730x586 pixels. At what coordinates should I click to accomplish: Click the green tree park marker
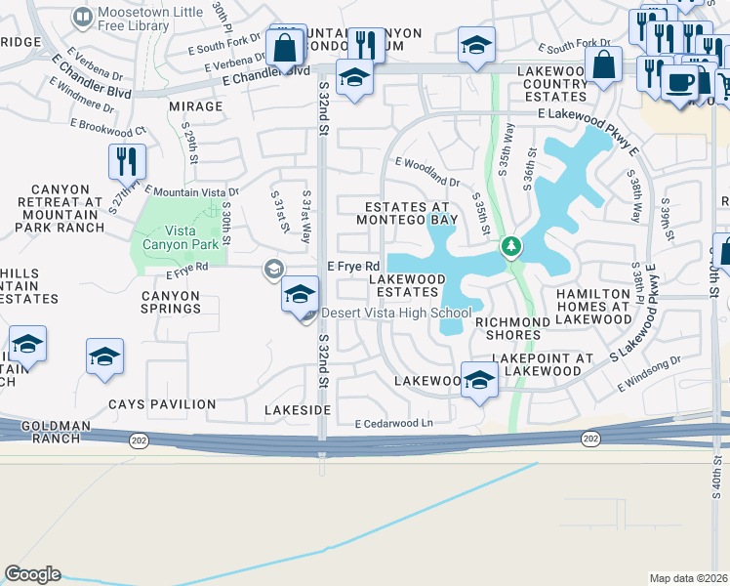[x=509, y=246]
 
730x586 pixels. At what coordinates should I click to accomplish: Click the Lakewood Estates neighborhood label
[x=407, y=286]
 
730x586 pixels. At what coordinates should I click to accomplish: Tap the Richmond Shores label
[x=507, y=328]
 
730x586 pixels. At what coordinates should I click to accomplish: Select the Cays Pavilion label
[x=162, y=404]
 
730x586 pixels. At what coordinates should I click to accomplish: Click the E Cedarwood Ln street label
[x=393, y=424]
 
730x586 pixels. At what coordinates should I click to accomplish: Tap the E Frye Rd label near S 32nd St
[x=352, y=267]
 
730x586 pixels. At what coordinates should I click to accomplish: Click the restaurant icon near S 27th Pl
[x=127, y=161]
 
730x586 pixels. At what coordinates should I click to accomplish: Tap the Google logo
[x=32, y=574]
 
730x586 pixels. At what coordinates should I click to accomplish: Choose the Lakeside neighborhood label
[x=298, y=411]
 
